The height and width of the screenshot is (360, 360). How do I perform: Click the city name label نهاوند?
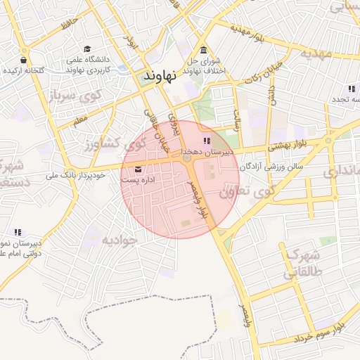159,75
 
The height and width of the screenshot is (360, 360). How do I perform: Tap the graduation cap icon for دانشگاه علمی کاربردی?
87,49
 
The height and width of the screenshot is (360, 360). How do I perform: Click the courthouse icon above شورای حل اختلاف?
203,50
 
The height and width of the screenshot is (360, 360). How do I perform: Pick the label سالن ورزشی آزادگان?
271,167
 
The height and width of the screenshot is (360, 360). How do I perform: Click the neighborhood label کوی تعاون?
245,191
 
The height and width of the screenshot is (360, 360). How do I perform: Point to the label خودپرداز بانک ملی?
77,174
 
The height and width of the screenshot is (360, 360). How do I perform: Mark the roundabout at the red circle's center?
187,159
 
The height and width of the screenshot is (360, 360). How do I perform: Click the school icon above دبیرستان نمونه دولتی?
18,232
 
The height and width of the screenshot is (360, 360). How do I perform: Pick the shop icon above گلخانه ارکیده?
25,60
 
